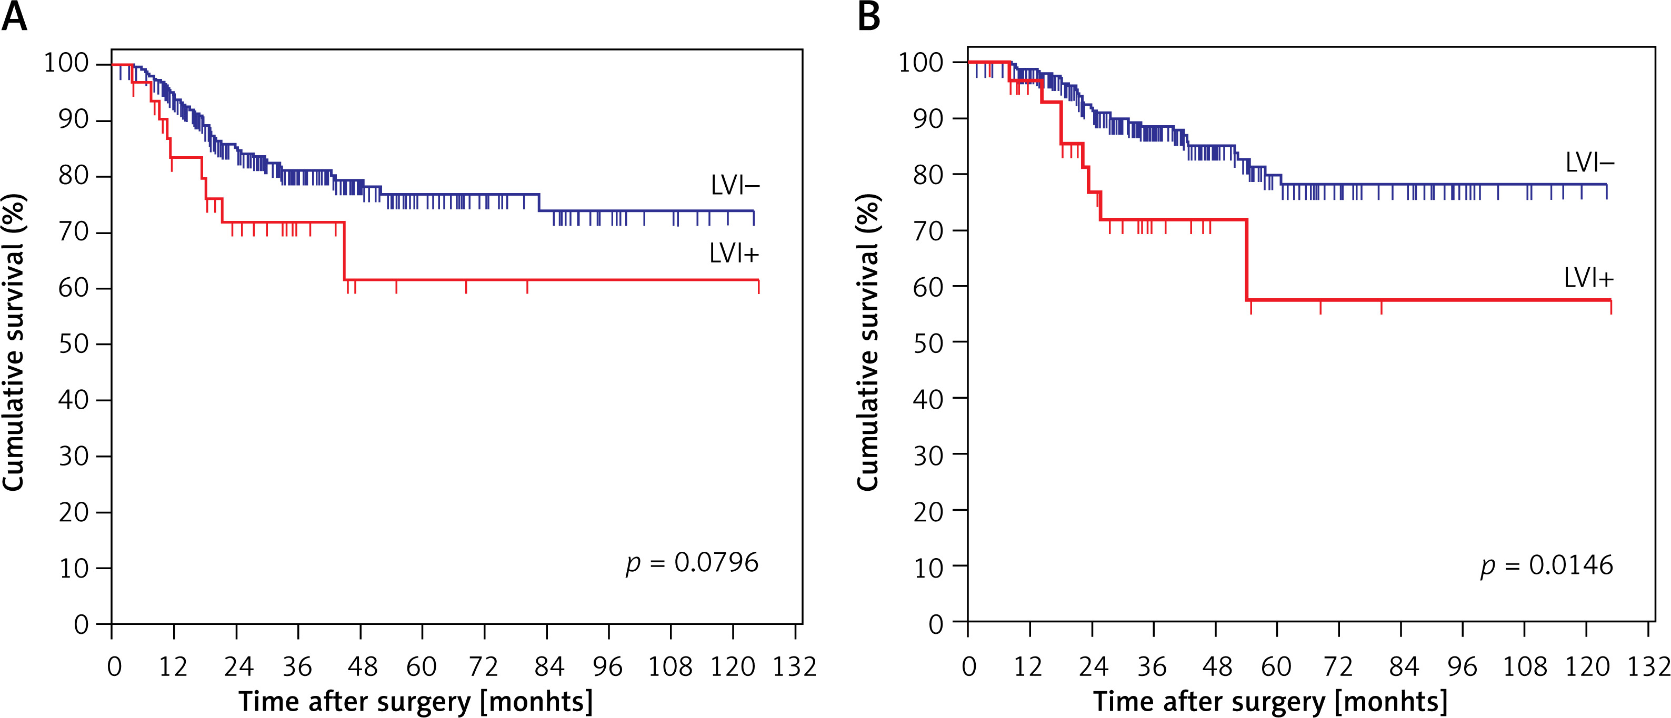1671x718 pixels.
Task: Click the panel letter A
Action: point(14,17)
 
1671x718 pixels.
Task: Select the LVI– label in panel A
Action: point(734,186)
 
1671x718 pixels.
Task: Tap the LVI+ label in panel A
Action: point(734,254)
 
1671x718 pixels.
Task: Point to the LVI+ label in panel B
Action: point(1588,278)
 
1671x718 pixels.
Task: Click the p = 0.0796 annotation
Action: point(692,562)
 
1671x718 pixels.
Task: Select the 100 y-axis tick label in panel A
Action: point(65,64)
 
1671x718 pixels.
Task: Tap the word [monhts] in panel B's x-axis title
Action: point(1391,702)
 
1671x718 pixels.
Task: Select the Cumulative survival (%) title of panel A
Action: point(13,342)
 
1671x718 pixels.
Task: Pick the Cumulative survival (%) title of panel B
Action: point(867,342)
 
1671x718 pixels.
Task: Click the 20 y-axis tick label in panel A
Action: point(73,512)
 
